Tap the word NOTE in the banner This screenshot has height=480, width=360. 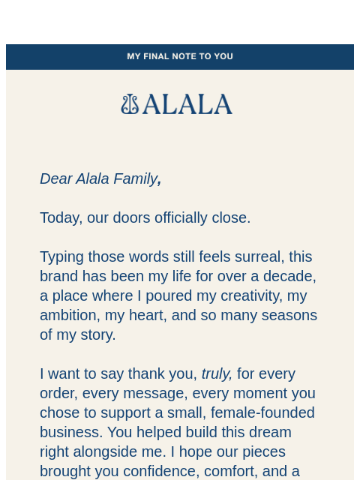pos(190,56)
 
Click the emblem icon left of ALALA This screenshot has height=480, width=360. pos(130,104)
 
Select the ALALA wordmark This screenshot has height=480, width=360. pos(187,104)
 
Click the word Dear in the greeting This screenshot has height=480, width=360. pos(55,178)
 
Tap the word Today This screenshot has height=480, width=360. pos(59,217)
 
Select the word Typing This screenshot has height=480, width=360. pos(62,256)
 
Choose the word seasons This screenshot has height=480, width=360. pos(289,315)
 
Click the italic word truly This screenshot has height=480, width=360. pos(217,373)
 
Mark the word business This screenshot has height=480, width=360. pos(71,432)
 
